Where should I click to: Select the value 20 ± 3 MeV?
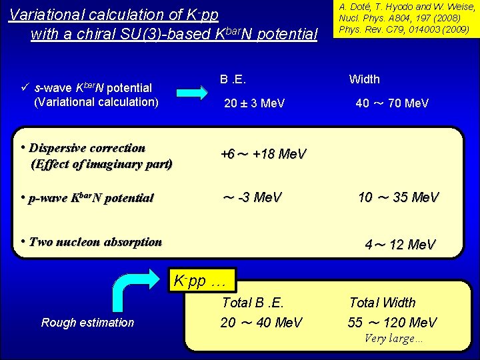coord(255,103)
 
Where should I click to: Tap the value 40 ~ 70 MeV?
coord(392,103)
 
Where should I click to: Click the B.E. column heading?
coord(233,79)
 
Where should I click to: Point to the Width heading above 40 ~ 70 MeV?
coord(365,79)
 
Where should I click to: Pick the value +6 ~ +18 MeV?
coord(263,154)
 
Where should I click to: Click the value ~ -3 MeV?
coord(251,197)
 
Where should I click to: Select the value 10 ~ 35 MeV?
coord(398,197)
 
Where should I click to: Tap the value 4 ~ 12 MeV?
coord(400,245)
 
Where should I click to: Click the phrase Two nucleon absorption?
coord(95,242)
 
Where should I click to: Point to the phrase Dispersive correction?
coord(87,148)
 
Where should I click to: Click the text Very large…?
coord(393,338)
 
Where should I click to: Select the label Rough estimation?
coord(87,323)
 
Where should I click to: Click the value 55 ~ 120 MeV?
coord(392,323)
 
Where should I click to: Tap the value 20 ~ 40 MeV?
coord(261,323)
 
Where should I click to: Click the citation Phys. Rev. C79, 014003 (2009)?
coord(404,30)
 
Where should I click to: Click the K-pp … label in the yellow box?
coord(200,280)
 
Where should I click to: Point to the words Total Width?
coord(382,303)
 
